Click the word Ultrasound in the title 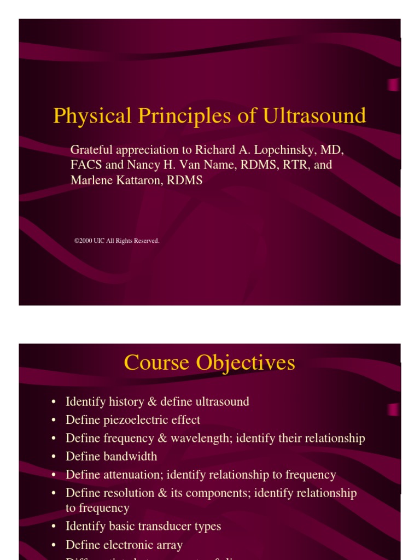(314, 116)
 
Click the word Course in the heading (157, 363)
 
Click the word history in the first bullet (129, 402)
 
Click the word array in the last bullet (168, 545)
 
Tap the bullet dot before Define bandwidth (54, 457)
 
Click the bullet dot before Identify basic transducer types (54, 527)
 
